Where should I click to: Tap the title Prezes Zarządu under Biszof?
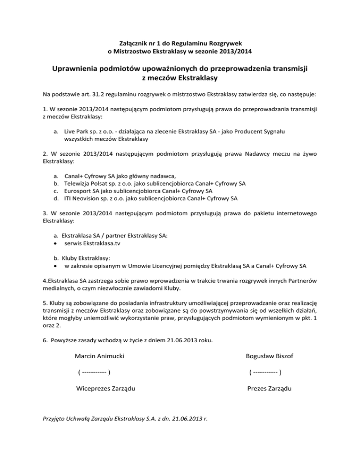(269, 389)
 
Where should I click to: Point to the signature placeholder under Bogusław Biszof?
(265, 373)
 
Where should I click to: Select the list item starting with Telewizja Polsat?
(155, 183)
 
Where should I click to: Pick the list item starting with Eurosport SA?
(138, 191)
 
